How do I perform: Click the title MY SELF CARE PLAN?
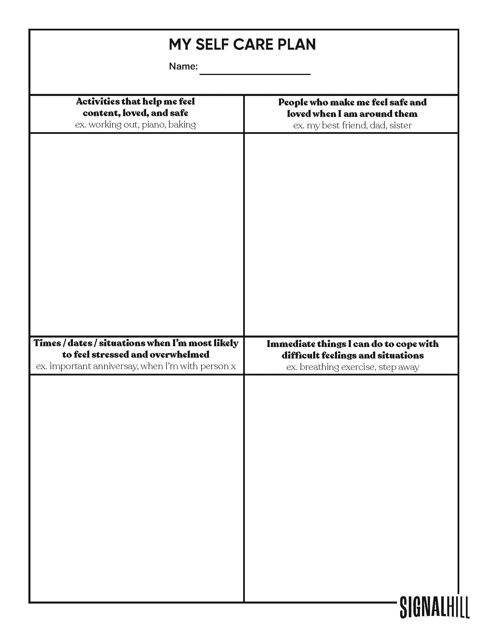242,45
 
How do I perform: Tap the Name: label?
183,67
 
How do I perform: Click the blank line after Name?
255,71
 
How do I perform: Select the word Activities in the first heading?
98,102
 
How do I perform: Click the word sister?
401,126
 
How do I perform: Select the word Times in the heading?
47,343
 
